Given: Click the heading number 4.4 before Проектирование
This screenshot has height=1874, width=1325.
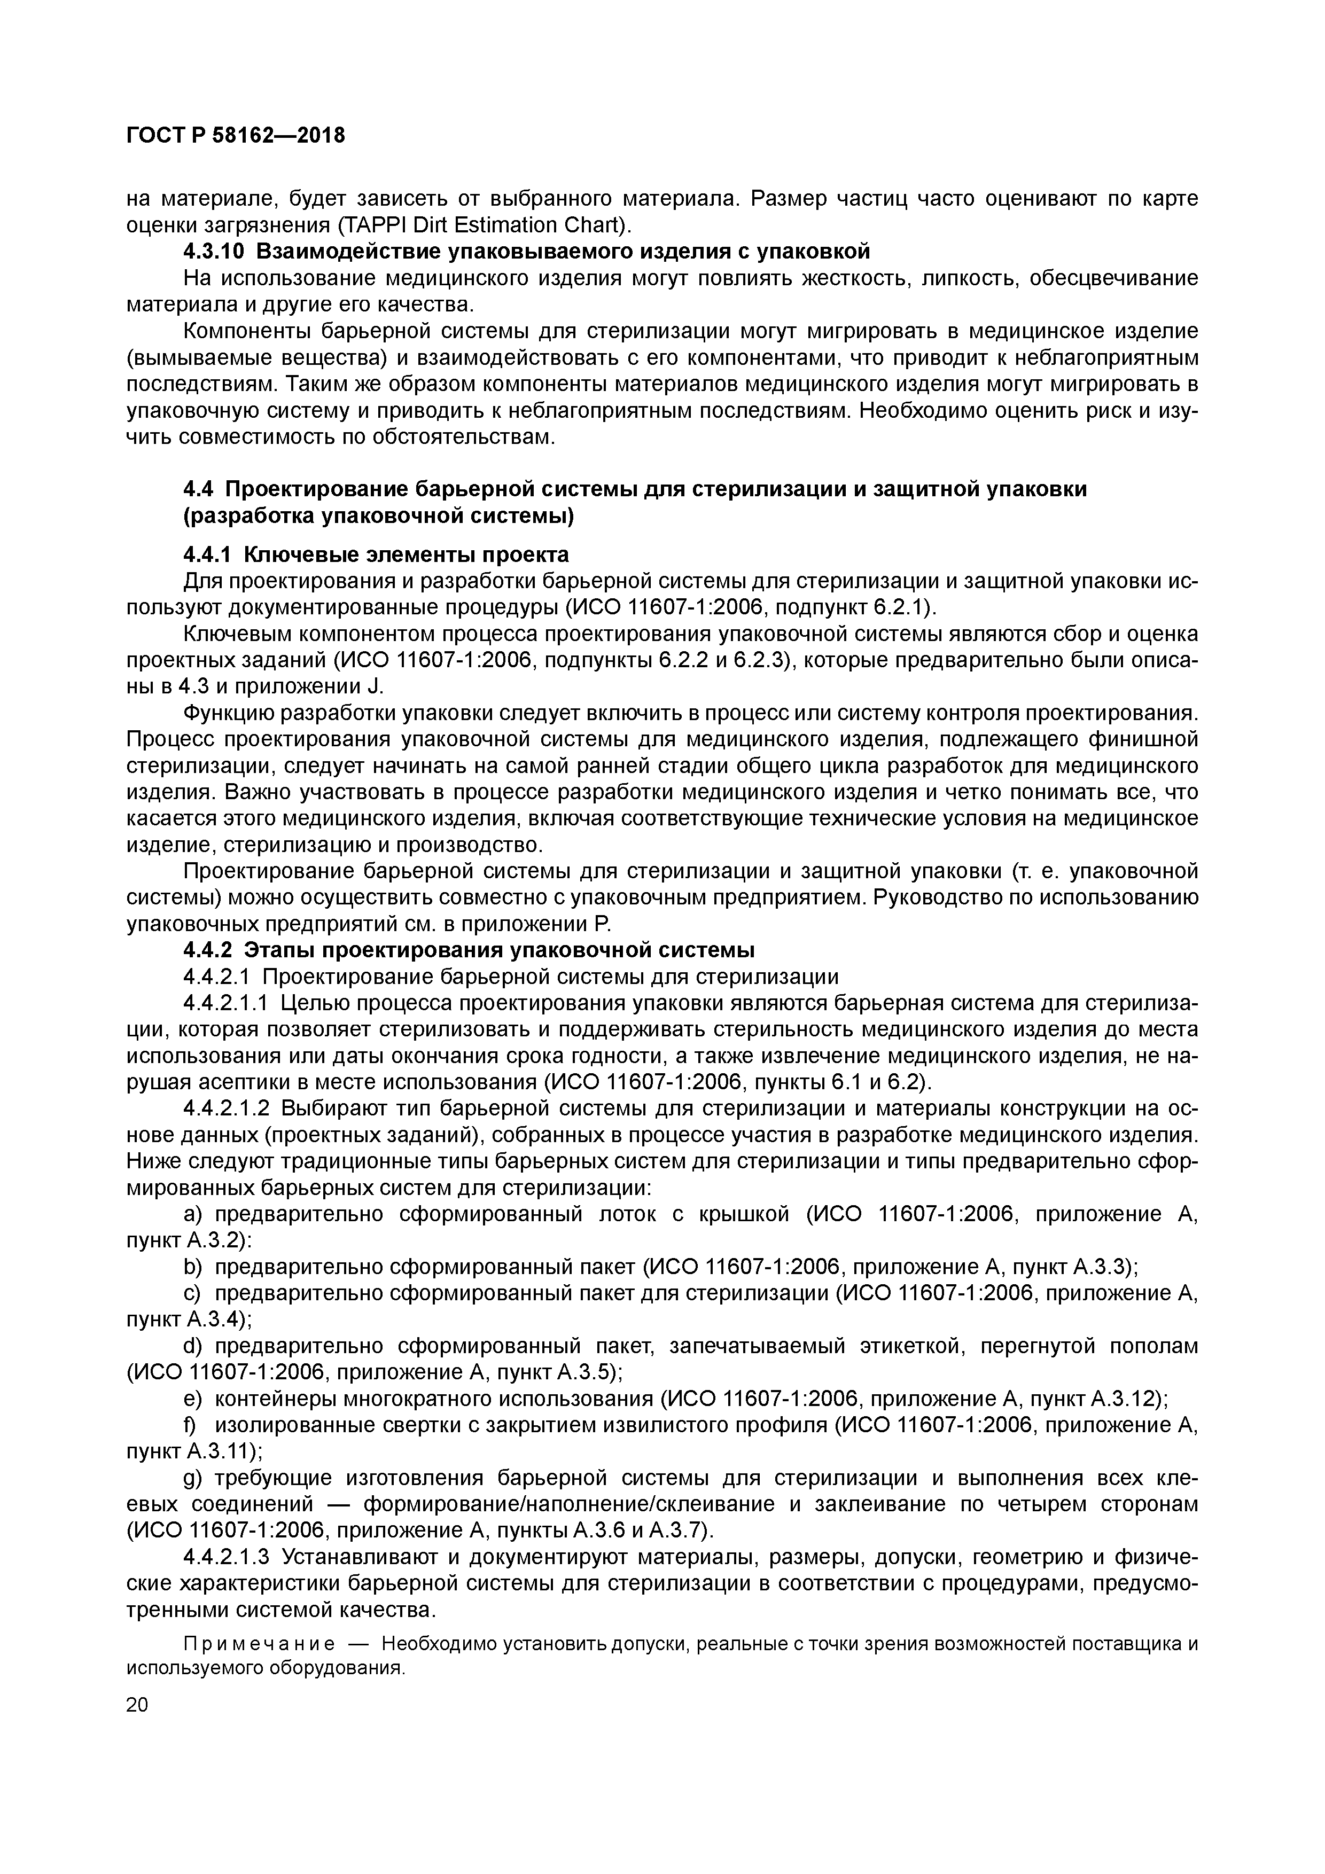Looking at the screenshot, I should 198,490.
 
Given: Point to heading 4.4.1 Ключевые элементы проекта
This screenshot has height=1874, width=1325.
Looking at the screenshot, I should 376,555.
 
